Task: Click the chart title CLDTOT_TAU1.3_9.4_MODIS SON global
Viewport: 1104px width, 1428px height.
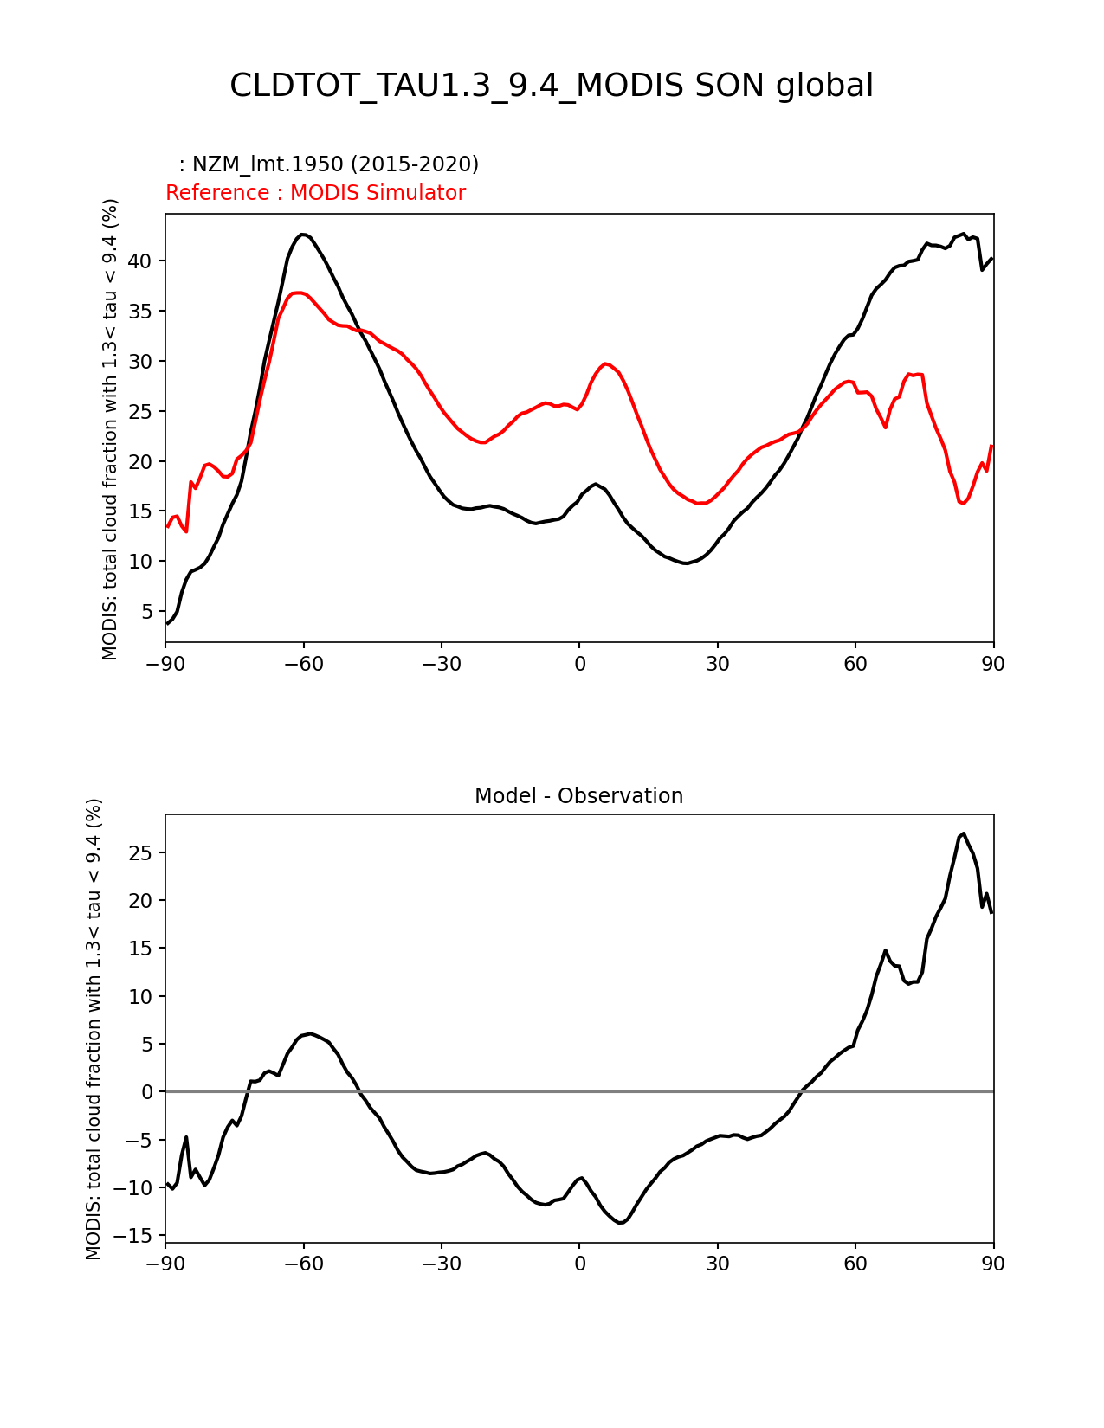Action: click(552, 86)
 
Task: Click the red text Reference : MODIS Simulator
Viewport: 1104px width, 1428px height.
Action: click(315, 193)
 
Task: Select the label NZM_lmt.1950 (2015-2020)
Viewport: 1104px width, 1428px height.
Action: click(329, 164)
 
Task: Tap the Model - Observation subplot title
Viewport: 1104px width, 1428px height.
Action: click(578, 796)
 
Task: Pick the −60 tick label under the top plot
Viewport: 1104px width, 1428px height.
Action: click(303, 664)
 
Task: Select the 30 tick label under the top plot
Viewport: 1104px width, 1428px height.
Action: click(717, 664)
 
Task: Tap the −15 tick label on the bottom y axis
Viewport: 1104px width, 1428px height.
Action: click(139, 1236)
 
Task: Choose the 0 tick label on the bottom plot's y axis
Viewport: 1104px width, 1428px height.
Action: click(149, 1092)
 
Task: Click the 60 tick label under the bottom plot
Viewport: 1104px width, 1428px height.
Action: click(855, 1264)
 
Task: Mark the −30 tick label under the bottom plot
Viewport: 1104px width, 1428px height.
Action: click(441, 1264)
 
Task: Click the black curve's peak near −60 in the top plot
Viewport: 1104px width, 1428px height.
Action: click(302, 235)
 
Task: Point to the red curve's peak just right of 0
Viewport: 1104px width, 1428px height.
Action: click(606, 363)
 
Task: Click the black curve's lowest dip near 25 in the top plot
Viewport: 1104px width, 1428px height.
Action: click(685, 563)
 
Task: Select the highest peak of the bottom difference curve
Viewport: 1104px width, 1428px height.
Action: click(964, 833)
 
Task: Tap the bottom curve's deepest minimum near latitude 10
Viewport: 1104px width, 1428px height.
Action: click(620, 1223)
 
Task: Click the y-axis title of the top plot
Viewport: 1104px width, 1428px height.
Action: click(110, 429)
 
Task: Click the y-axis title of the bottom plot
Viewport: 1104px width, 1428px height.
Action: click(94, 1029)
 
